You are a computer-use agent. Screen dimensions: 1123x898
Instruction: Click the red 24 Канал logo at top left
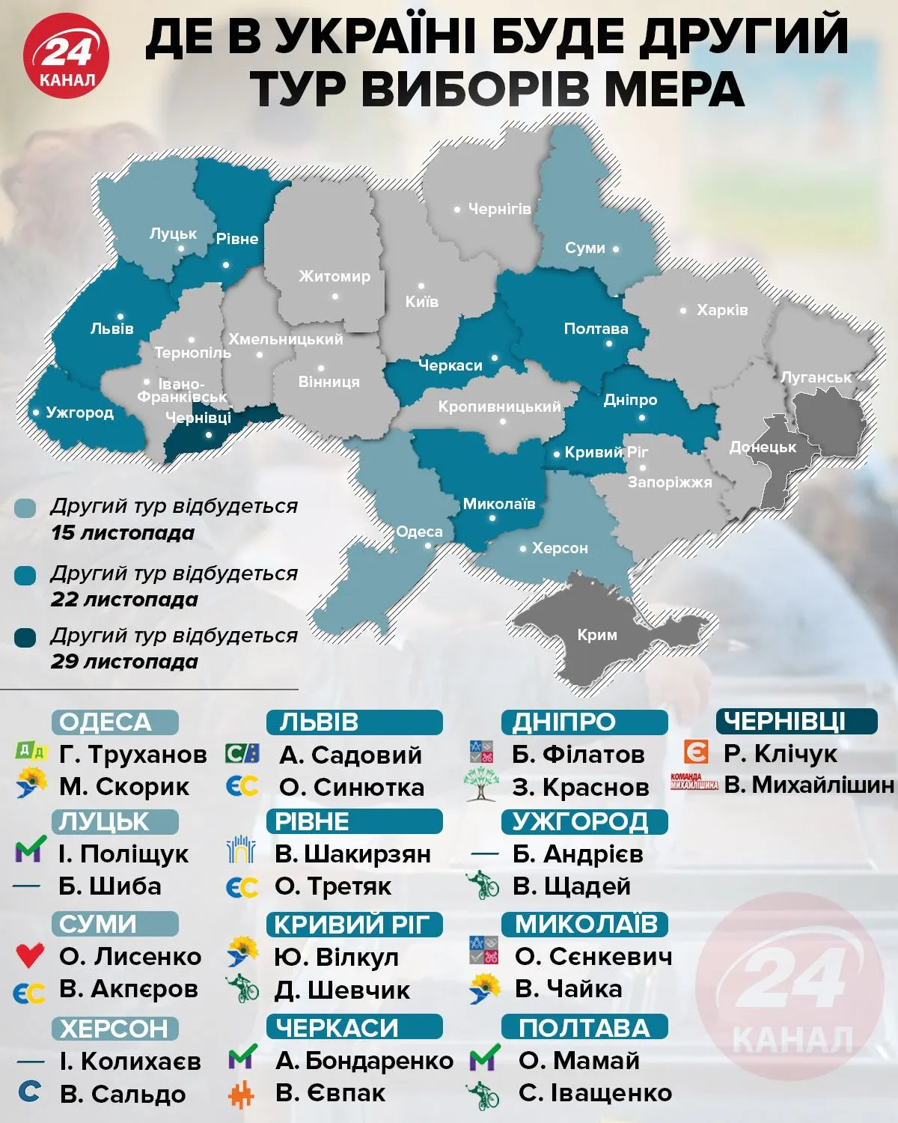[x=66, y=56]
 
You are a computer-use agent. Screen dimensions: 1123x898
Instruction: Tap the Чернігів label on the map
[x=499, y=209]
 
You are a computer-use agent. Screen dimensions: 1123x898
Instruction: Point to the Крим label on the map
[x=596, y=635]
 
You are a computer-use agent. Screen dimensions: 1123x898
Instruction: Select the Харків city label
[x=721, y=310]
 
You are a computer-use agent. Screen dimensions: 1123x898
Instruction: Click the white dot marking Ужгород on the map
[x=36, y=413]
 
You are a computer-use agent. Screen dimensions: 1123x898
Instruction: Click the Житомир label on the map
[x=335, y=276]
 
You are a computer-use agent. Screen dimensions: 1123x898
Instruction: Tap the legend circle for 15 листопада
[x=25, y=509]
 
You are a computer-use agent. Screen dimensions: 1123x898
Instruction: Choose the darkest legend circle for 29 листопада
[x=25, y=638]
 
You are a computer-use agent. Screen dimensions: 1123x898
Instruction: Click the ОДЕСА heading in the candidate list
[x=114, y=722]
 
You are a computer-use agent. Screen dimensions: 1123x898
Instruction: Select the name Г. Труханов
[x=132, y=755]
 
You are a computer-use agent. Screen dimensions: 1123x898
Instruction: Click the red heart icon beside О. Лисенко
[x=30, y=955]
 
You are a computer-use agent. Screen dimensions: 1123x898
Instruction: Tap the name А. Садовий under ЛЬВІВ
[x=350, y=755]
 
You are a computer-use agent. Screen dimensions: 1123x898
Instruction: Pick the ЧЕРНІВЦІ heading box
[x=796, y=722]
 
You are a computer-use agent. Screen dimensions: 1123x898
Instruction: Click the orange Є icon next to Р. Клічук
[x=696, y=752]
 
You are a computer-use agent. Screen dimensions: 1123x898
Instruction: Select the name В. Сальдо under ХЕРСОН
[x=122, y=1094]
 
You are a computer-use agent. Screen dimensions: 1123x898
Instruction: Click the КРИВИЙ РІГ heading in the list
[x=354, y=925]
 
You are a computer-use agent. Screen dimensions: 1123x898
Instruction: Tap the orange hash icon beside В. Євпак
[x=242, y=1095]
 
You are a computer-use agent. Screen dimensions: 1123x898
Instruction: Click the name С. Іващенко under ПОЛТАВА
[x=595, y=1093]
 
